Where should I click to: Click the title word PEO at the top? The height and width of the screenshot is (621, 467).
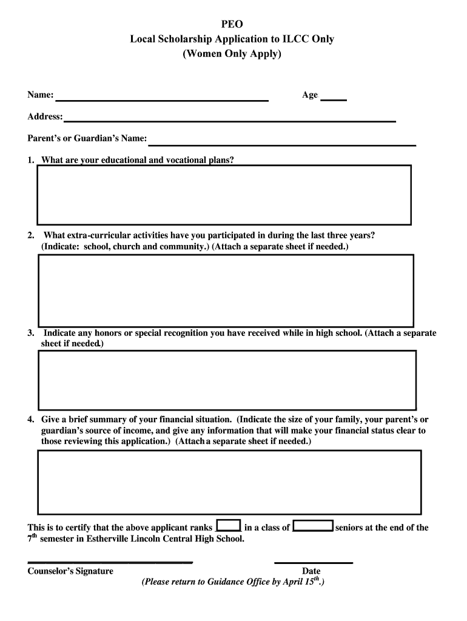tap(232, 25)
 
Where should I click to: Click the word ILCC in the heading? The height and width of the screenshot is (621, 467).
tap(291, 39)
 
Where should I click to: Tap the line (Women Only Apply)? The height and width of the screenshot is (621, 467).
tap(232, 54)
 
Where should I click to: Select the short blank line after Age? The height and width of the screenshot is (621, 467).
tap(333, 99)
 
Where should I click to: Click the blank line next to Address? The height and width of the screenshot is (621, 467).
tap(230, 121)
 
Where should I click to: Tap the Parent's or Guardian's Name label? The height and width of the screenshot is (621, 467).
tap(87, 139)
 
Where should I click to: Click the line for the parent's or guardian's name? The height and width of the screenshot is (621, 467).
tap(282, 144)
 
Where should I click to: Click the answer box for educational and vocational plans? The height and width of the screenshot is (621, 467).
tap(224, 195)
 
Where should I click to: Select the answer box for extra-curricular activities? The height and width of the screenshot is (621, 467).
tap(226, 290)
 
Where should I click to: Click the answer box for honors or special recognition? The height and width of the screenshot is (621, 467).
tap(227, 380)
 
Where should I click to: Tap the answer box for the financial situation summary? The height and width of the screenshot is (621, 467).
tap(229, 482)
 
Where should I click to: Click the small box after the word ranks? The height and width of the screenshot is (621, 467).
tap(229, 527)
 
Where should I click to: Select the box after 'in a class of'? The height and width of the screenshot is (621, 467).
tap(313, 527)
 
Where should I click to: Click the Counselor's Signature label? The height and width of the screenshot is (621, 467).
tap(70, 571)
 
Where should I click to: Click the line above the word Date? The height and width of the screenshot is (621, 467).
tap(314, 563)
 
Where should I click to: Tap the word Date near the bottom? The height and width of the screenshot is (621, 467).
tap(311, 571)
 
